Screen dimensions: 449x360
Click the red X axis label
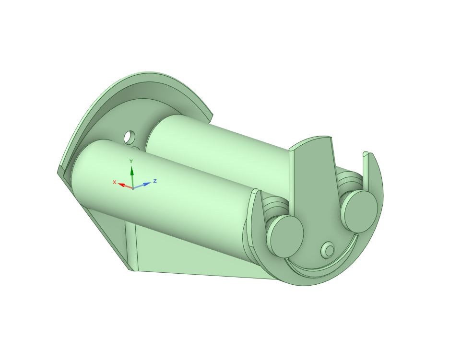[x=114, y=182]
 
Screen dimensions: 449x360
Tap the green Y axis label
[x=131, y=162]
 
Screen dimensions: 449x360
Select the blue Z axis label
[x=155, y=181]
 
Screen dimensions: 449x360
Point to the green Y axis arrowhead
[x=132, y=171]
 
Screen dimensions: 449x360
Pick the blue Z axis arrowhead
[x=147, y=184]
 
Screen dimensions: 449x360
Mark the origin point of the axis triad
[x=132, y=188]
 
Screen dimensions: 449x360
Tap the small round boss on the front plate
[x=328, y=250]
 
